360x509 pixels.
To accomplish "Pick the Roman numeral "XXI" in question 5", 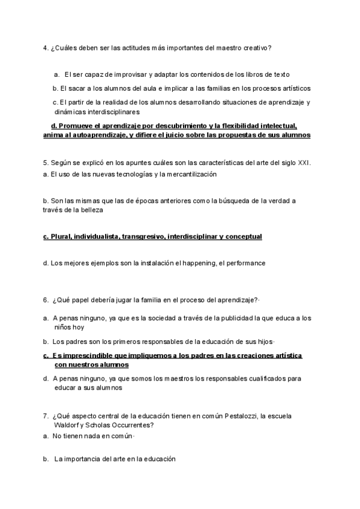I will [x=303, y=163].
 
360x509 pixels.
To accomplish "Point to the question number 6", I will [x=46, y=300].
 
